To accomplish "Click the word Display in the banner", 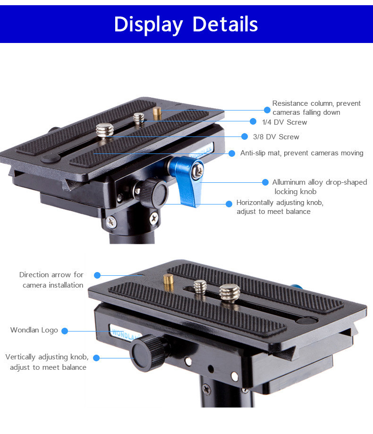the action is pos(148,25).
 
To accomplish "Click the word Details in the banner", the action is pos(225,24).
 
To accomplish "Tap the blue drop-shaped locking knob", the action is pos(186,180).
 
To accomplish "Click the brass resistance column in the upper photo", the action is pos(157,113).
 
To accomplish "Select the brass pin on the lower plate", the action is pos(168,282).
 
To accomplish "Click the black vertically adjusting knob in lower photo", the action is pos(148,353).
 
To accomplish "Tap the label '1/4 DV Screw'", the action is pos(284,122).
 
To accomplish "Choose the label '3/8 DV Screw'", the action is pos(276,137).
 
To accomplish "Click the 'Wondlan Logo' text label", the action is pos(34,330).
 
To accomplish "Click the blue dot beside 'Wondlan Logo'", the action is pos(65,331).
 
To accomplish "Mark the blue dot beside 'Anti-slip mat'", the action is pos(232,153).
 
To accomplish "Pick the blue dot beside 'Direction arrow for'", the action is pos(97,275).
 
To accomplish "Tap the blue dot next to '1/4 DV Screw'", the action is pos(253,121).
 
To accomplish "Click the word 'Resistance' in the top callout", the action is pos(290,103).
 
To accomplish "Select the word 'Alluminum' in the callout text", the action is pos(288,182).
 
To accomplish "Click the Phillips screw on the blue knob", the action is pos(198,170).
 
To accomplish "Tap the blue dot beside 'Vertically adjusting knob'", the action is pos(96,358).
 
